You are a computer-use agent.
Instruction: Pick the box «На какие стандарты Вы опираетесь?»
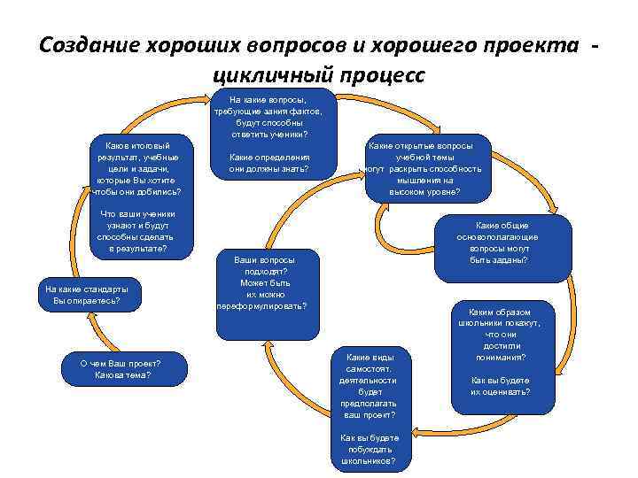click(85, 295)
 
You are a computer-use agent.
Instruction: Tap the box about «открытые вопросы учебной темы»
click(421, 168)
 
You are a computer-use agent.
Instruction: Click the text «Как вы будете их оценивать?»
click(501, 385)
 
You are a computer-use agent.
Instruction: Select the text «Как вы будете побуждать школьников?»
click(369, 449)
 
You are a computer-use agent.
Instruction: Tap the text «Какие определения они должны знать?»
click(268, 163)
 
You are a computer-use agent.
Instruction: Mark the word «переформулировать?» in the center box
click(262, 306)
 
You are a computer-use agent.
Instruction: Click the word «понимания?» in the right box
click(501, 357)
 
